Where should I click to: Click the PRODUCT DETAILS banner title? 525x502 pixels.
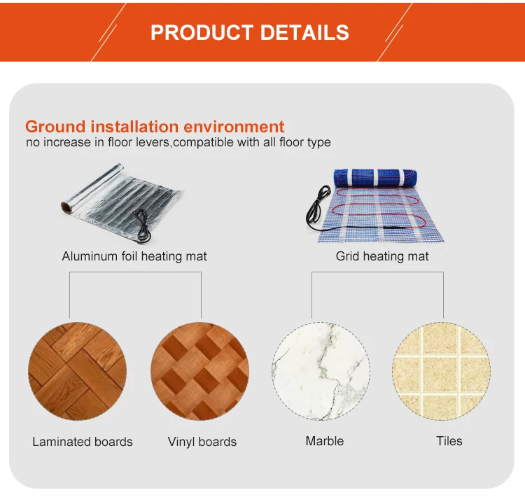tap(250, 32)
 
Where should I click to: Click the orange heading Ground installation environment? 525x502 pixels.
tap(155, 127)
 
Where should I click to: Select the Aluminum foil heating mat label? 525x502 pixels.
tap(134, 256)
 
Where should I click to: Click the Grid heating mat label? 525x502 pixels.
tap(382, 256)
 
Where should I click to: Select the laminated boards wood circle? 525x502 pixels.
tap(77, 370)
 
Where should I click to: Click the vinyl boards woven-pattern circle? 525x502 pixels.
tap(200, 370)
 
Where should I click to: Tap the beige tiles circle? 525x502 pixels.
tap(441, 370)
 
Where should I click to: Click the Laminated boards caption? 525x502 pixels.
tap(83, 442)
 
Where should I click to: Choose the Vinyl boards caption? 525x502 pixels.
tap(202, 442)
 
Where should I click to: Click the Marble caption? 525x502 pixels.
tap(325, 441)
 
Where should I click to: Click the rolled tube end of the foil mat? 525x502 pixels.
tap(67, 207)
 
